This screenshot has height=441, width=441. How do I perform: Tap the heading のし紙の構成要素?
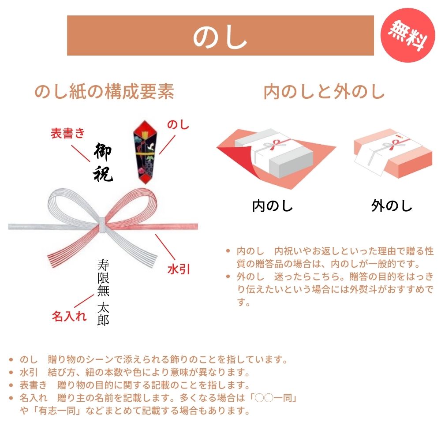pos(105,92)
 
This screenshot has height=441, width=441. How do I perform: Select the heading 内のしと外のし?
pos(324,92)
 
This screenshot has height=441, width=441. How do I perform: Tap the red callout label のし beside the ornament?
pos(178,125)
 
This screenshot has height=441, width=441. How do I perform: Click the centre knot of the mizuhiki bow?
pos(102,225)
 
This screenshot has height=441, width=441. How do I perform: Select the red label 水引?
pos(179,269)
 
